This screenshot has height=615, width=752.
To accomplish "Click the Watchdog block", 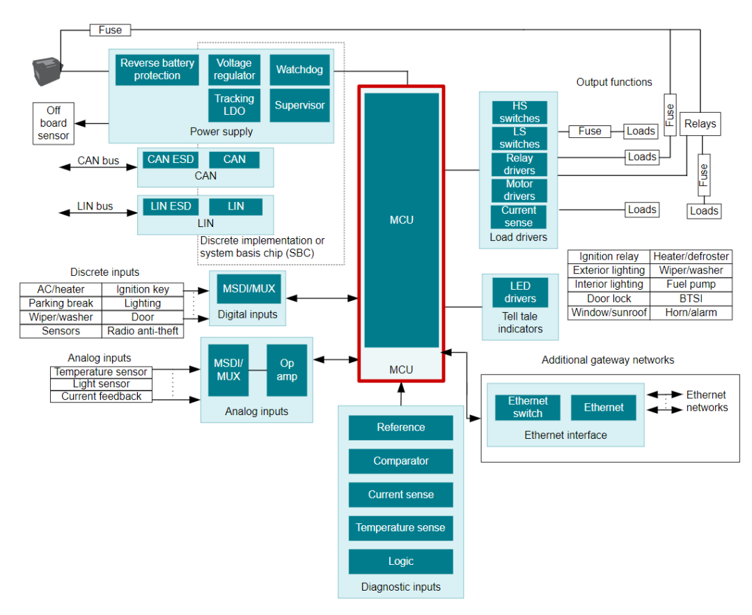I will [x=299, y=70].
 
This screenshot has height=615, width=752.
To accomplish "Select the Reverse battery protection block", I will [x=157, y=70].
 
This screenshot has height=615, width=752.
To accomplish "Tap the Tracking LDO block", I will [x=234, y=105].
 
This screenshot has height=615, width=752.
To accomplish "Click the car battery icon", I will [x=47, y=72].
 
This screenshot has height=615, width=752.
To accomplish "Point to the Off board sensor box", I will [x=54, y=123].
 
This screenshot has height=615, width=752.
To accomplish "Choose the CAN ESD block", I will [x=171, y=159].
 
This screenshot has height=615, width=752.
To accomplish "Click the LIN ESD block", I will [x=171, y=206].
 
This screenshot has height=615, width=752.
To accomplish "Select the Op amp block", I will [x=286, y=370].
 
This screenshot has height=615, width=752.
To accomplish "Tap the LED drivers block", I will [x=519, y=292].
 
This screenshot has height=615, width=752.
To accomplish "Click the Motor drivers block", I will [x=519, y=190].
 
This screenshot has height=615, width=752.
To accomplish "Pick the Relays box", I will [x=700, y=124].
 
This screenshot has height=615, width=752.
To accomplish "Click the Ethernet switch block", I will [x=527, y=407].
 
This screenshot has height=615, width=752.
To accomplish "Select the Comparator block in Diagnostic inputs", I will [x=400, y=461].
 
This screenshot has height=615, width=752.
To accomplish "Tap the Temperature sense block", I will [x=400, y=528].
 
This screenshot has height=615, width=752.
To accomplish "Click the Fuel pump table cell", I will [x=691, y=284].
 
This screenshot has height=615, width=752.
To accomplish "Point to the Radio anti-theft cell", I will [x=143, y=331].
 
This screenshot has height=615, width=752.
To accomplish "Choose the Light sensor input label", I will [x=101, y=384].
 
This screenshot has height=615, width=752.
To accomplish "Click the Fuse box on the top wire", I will [x=110, y=30].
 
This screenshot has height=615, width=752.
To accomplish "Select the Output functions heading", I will [x=614, y=82].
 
